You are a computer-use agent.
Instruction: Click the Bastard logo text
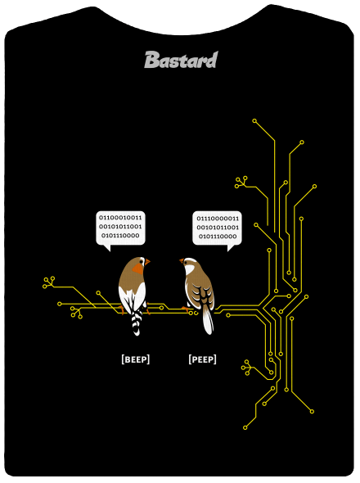click(181, 60)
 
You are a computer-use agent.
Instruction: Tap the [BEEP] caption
click(136, 359)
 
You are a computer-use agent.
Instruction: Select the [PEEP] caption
click(202, 359)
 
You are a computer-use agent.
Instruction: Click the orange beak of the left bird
click(147, 262)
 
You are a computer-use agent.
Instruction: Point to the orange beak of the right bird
click(182, 261)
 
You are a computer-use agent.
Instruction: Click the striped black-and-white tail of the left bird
click(136, 322)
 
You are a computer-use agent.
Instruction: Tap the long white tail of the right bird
click(208, 320)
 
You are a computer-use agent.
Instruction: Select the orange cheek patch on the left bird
click(138, 269)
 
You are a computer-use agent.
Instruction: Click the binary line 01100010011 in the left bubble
click(120, 218)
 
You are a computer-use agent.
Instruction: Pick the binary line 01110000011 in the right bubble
click(218, 219)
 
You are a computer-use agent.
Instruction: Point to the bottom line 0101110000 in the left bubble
click(120, 236)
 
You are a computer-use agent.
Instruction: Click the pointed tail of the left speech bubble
click(107, 248)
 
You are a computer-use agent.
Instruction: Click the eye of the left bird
click(141, 261)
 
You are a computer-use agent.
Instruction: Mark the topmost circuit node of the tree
click(254, 121)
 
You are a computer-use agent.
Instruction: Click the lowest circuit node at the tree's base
click(245, 427)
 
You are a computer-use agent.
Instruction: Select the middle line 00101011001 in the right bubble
click(218, 228)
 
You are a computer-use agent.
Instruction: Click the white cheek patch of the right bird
click(189, 270)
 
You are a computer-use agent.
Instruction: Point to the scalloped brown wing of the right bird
click(200, 292)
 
